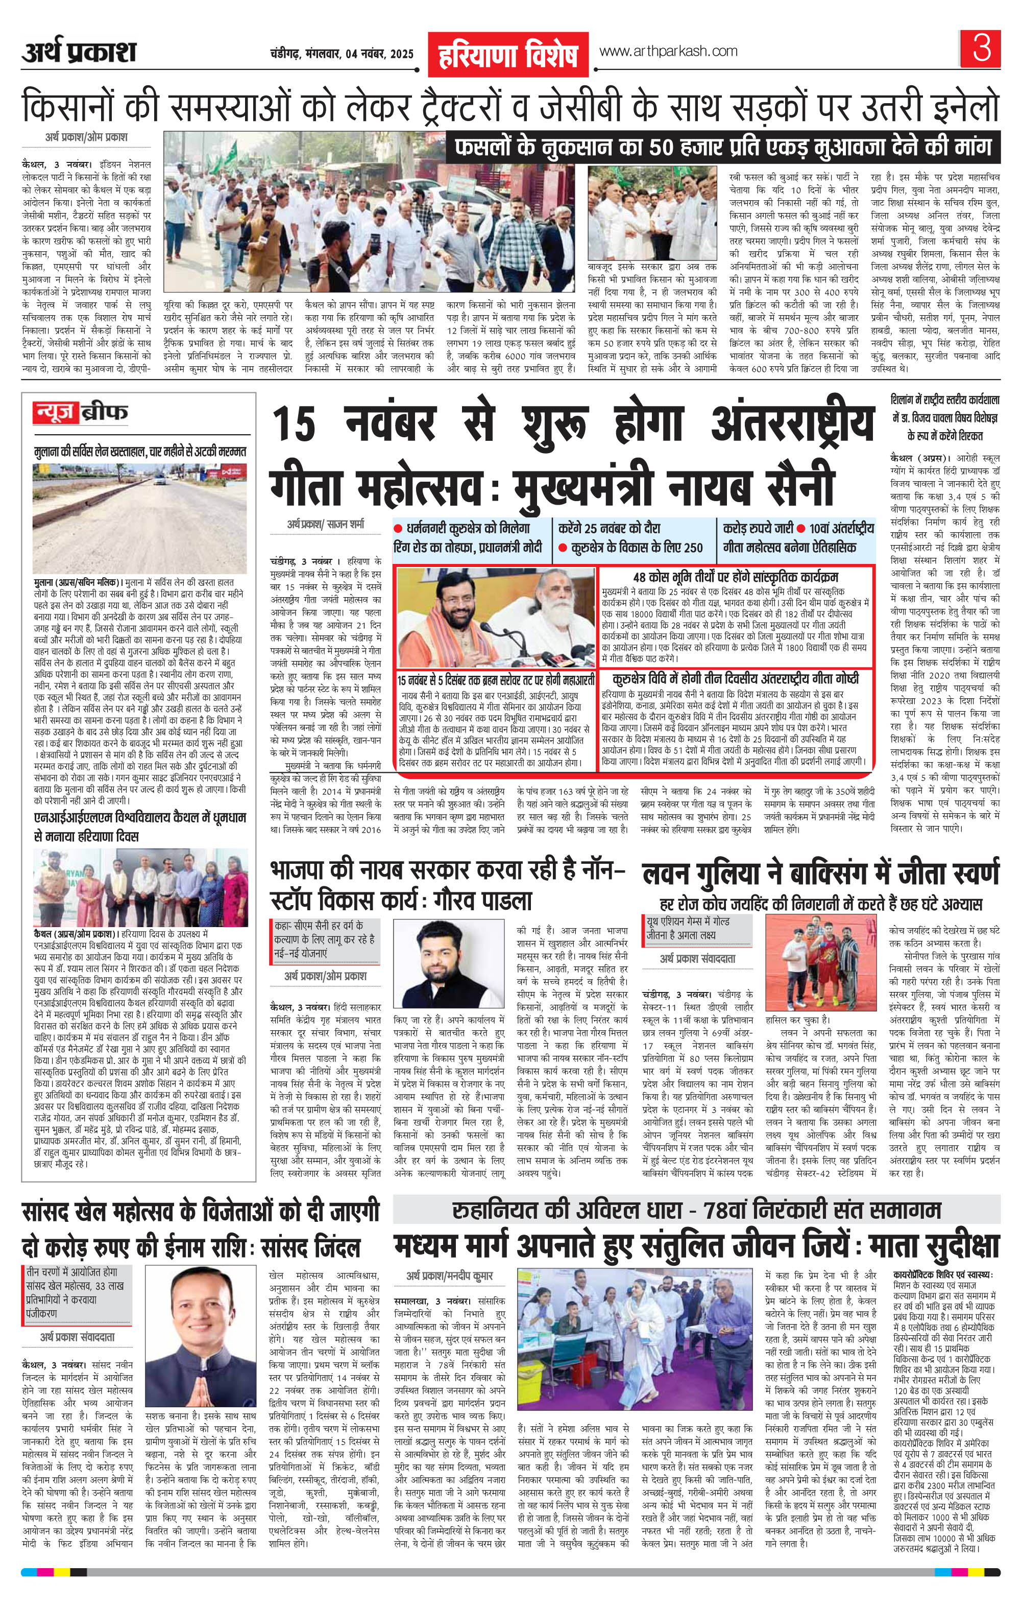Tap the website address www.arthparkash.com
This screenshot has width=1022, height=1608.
point(668,52)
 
